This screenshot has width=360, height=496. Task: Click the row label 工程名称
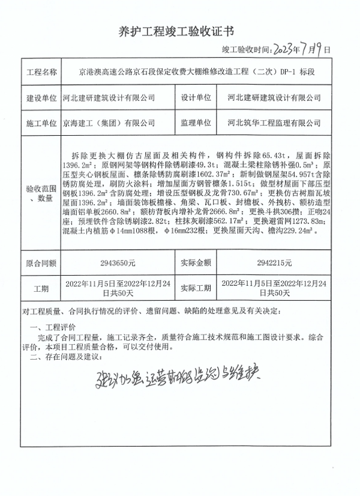pyautogui.click(x=41, y=71)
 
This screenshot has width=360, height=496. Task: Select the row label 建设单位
pyautogui.click(x=41, y=97)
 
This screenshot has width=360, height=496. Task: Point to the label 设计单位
pyautogui.click(x=196, y=97)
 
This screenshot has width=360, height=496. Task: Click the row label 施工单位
pyautogui.click(x=41, y=123)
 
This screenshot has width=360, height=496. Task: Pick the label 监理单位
pyautogui.click(x=196, y=123)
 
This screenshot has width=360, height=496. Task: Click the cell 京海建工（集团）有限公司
pyautogui.click(x=109, y=123)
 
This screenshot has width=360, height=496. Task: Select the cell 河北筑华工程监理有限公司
pyautogui.click(x=275, y=123)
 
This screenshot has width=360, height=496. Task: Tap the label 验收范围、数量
pyautogui.click(x=41, y=193)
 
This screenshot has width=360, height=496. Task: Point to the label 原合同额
pyautogui.click(x=41, y=262)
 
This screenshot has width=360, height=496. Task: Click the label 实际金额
pyautogui.click(x=196, y=262)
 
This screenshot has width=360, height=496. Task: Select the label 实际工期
pyautogui.click(x=196, y=288)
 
